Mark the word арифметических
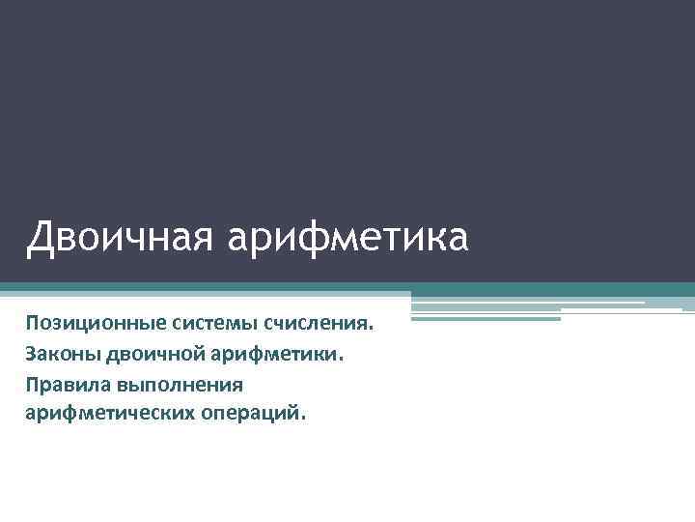click(x=107, y=415)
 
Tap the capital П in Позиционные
click(x=33, y=321)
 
